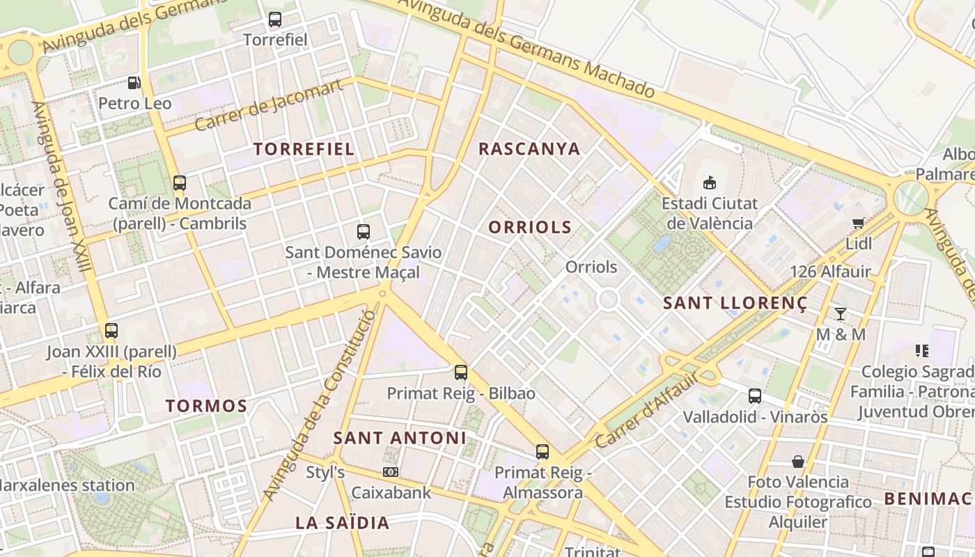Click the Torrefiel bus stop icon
click(275, 19)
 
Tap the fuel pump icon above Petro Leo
click(134, 84)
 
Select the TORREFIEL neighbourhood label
click(304, 149)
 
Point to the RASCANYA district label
click(529, 149)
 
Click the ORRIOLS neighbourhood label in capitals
click(530, 227)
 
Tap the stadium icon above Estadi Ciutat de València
click(709, 183)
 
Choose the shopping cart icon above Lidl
click(858, 223)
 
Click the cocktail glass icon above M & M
click(841, 313)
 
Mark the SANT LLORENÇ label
click(735, 304)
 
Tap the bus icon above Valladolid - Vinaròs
click(755, 396)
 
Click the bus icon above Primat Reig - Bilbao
click(461, 372)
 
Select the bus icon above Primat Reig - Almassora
click(543, 452)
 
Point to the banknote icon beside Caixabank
click(391, 472)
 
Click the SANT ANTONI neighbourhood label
click(400, 438)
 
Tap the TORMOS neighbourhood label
click(207, 406)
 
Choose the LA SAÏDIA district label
click(342, 523)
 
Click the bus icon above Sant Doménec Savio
click(363, 231)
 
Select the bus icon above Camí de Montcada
click(180, 183)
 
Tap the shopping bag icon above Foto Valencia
click(798, 462)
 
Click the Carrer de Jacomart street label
click(269, 105)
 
